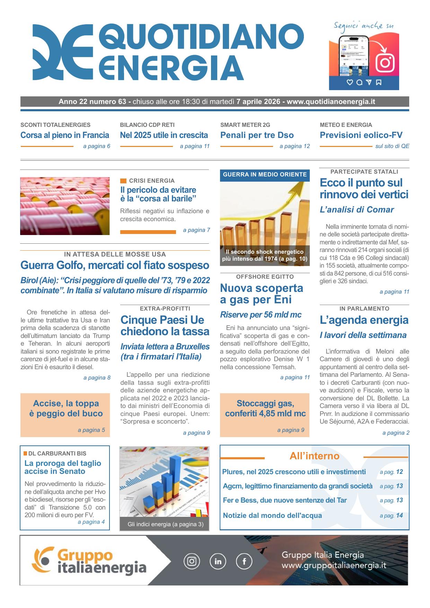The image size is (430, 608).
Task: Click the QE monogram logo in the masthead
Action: coord(62,52)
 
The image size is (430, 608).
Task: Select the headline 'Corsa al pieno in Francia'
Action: coord(65,135)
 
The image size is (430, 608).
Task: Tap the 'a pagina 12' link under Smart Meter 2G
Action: coord(295,146)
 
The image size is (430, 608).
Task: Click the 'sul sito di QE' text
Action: coord(392,146)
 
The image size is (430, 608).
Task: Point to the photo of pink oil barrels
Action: coord(65,206)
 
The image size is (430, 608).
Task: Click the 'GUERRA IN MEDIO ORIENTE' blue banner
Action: coord(265,175)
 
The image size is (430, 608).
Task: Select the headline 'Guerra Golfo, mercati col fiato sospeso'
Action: coord(115,266)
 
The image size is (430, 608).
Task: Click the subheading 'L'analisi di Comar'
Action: coord(357,210)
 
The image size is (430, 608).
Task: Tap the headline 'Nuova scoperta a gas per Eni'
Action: coord(262,294)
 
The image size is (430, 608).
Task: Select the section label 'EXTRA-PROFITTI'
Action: coord(165,309)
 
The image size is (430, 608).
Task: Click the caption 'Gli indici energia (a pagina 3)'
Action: coord(165,524)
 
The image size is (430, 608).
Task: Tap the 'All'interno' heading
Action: coord(314,456)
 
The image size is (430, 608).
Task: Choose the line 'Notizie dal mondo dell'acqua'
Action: coord(272,515)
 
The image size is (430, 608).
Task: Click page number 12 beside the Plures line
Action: coord(399,472)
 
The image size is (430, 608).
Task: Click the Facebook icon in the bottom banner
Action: coord(244,561)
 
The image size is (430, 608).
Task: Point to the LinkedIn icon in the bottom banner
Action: coord(218,561)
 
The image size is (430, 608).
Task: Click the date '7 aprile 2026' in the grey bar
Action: coord(258,102)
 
